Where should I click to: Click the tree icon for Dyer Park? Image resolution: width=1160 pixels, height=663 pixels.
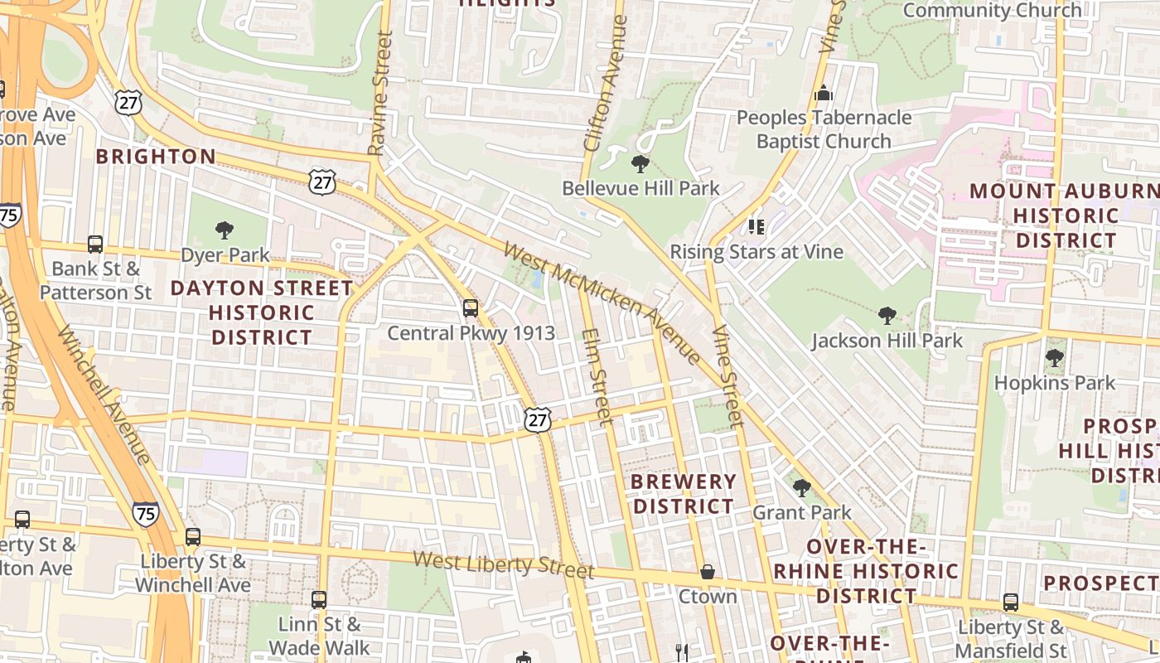224,230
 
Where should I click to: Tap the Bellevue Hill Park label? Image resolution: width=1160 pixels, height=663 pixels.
640,188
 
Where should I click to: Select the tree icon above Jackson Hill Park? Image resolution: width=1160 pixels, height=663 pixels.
887,315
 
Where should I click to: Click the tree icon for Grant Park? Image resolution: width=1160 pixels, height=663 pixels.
801,487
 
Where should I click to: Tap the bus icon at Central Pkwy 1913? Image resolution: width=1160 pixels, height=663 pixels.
471,308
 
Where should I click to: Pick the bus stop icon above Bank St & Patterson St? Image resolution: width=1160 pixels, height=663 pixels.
95,244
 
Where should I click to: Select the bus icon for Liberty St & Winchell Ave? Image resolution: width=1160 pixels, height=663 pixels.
193,536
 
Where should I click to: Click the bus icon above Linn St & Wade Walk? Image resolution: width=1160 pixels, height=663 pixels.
319,599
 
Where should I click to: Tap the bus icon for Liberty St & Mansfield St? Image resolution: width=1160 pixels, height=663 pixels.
1011,603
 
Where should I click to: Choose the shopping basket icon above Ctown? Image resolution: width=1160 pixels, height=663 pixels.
708,572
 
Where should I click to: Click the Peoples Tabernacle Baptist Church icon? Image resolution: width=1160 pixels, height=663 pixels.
823,93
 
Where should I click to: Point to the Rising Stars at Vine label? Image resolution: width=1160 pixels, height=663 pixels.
756,251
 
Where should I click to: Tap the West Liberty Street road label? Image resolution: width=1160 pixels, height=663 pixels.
503,564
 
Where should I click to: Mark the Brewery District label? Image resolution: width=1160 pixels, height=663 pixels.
683,493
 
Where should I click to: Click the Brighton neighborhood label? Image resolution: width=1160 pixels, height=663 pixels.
156,157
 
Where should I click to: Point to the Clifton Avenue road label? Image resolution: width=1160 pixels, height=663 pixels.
602,83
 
